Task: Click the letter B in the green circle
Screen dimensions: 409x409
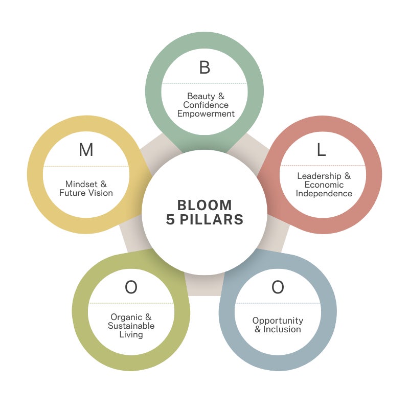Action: (x=204, y=67)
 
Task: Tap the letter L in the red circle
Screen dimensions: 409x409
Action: (x=321, y=150)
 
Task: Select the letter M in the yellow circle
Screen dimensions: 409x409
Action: (x=86, y=150)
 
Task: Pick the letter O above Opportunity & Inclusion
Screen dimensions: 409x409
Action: (x=278, y=287)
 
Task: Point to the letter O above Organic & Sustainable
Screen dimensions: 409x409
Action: (x=131, y=287)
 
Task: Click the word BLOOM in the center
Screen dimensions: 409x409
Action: (x=204, y=205)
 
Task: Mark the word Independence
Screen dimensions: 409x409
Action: (x=324, y=193)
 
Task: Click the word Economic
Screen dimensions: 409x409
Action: (x=324, y=185)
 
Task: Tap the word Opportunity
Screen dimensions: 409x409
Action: (x=278, y=321)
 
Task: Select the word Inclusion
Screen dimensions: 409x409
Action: (x=282, y=329)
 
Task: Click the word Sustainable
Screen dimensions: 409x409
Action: (x=131, y=326)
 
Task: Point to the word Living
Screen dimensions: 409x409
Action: (x=131, y=334)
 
